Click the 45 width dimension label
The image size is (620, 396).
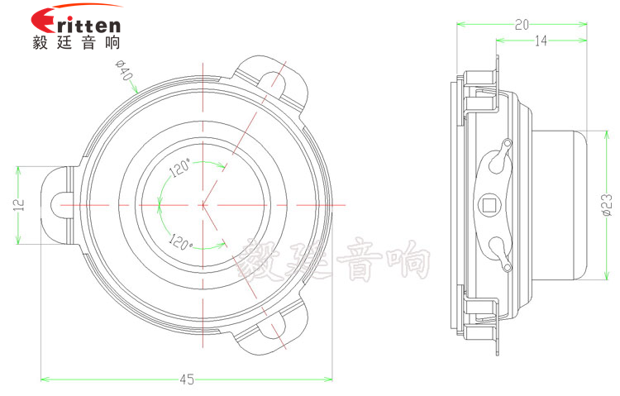[187, 379]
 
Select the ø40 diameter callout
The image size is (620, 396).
[125, 74]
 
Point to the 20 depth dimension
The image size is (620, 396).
[522, 26]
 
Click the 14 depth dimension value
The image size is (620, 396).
[540, 41]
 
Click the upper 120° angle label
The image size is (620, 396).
[180, 167]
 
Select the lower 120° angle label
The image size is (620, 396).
[180, 241]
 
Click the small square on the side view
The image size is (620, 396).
[491, 203]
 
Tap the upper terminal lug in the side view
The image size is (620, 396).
[498, 158]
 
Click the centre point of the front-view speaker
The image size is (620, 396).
[203, 204]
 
